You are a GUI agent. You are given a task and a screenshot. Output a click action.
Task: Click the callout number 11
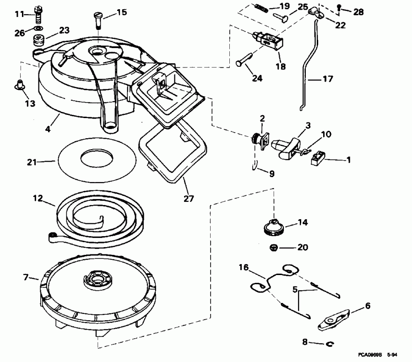pos(18,14)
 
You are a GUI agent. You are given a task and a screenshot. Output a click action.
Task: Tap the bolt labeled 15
pos(98,20)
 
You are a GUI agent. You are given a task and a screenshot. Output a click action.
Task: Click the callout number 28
pos(358,12)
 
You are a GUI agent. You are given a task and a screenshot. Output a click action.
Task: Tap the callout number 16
pos(243,268)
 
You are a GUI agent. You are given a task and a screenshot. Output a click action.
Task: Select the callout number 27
pos(188,199)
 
